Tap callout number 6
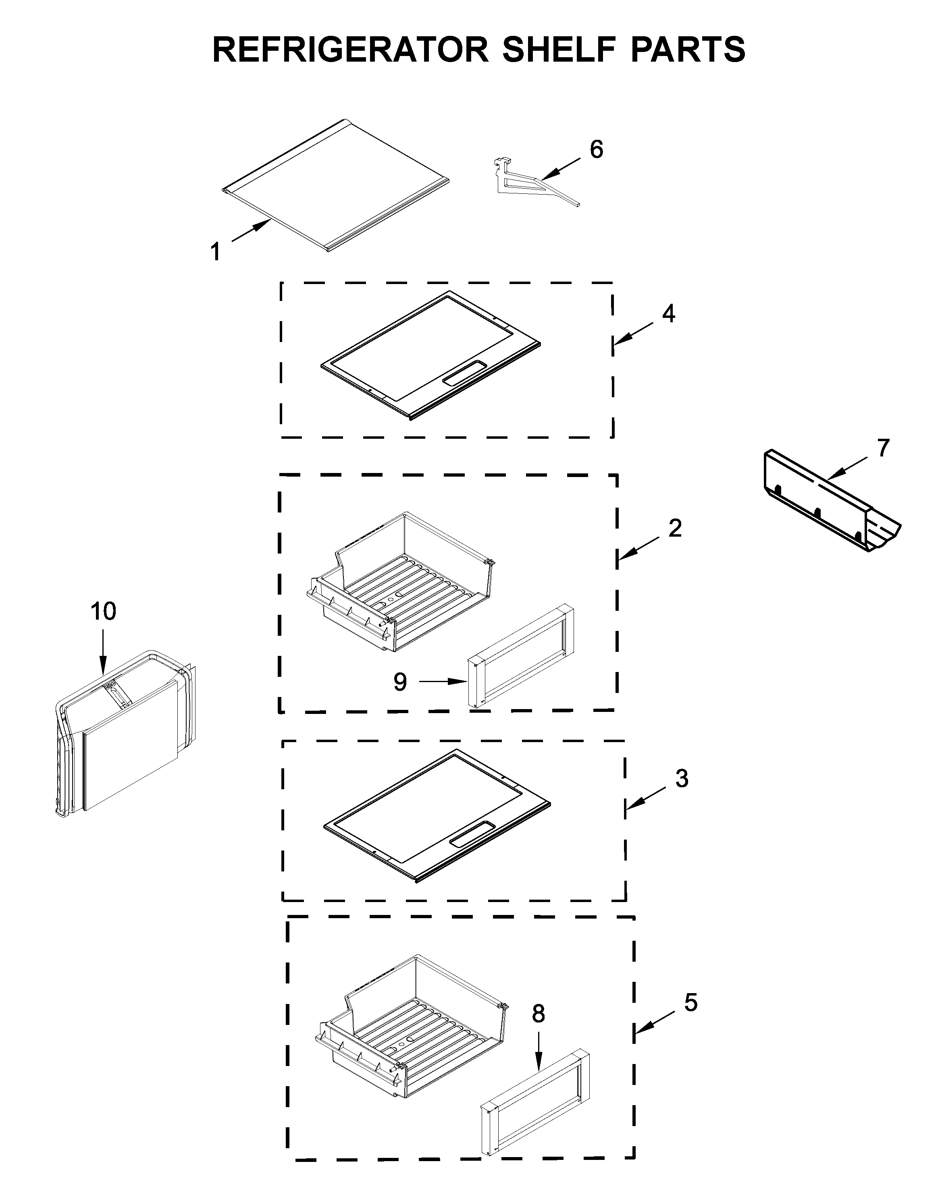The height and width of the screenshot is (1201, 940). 597,149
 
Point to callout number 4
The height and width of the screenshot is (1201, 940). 668,313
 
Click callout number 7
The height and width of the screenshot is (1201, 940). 883,448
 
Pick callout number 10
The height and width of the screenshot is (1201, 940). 104,611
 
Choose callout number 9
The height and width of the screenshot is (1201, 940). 400,682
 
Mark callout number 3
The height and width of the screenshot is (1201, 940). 682,779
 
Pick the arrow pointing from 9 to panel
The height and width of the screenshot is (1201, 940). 443,682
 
